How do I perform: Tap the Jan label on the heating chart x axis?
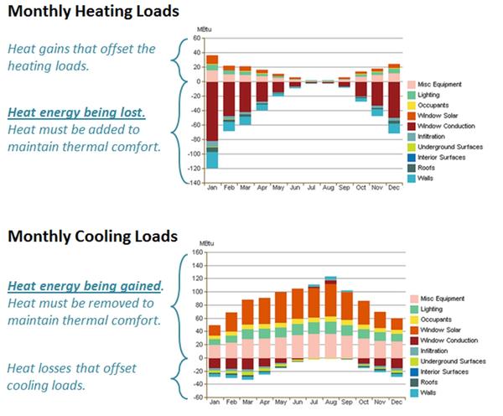(x=212, y=188)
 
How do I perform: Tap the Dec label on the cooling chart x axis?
(x=396, y=402)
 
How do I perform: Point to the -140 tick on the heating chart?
(x=192, y=183)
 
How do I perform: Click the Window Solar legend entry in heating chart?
(x=439, y=115)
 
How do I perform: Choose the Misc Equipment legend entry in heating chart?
(x=442, y=85)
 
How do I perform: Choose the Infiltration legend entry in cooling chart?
(x=435, y=350)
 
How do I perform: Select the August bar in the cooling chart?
(x=330, y=318)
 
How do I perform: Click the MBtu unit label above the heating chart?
(x=203, y=30)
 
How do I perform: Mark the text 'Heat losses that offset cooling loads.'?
(x=60, y=376)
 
